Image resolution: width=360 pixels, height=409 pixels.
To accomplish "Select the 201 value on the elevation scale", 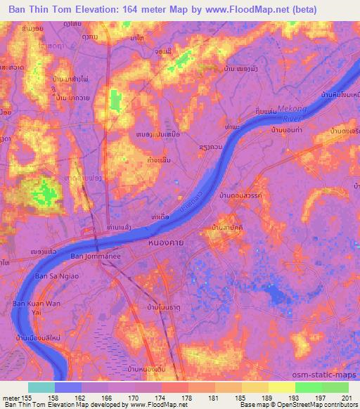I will click(340, 397).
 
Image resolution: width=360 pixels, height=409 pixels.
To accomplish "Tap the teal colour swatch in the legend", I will click(41, 387).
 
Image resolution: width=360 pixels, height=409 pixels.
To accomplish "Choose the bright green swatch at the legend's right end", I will click(335, 387).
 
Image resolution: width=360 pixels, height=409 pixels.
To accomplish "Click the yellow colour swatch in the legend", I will click(281, 387).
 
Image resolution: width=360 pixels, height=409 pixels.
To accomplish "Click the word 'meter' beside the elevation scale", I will click(11, 397).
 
